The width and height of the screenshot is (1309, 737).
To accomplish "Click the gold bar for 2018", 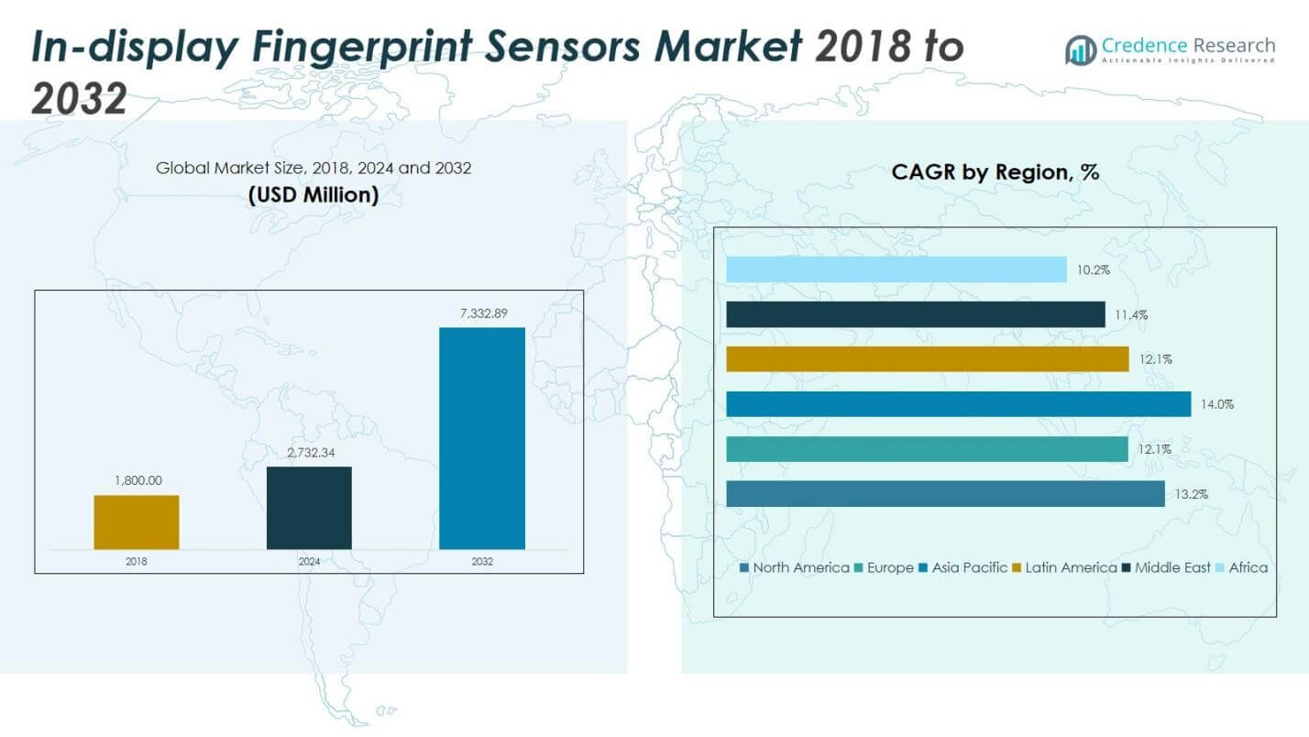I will pyautogui.click(x=137, y=522).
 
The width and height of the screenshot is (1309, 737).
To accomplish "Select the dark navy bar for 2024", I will pyautogui.click(x=309, y=508).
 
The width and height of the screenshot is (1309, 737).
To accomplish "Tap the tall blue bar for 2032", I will pyautogui.click(x=482, y=438).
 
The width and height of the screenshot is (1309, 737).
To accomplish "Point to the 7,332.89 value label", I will pyautogui.click(x=482, y=313).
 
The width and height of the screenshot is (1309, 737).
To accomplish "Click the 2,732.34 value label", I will pyautogui.click(x=309, y=453).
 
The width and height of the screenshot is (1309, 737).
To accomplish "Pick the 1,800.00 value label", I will pyautogui.click(x=137, y=480).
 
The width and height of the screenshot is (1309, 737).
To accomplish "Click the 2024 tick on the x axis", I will pyautogui.click(x=309, y=562).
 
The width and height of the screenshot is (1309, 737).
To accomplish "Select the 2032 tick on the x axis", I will pyautogui.click(x=482, y=562).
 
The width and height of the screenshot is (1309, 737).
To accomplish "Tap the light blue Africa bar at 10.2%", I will pyautogui.click(x=896, y=269).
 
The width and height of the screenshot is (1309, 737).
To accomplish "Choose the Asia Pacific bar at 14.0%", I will pyautogui.click(x=958, y=404).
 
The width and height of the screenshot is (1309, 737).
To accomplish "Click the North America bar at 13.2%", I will pyautogui.click(x=945, y=494).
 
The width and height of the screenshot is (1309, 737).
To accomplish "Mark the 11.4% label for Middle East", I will pyautogui.click(x=1131, y=315).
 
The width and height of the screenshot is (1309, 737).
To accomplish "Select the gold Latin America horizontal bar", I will pyautogui.click(x=927, y=359).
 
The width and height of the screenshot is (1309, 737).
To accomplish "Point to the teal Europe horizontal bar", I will pyautogui.click(x=927, y=449).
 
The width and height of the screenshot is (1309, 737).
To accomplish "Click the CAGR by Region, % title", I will pyautogui.click(x=995, y=172).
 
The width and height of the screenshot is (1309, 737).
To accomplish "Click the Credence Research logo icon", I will pyautogui.click(x=1080, y=49).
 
